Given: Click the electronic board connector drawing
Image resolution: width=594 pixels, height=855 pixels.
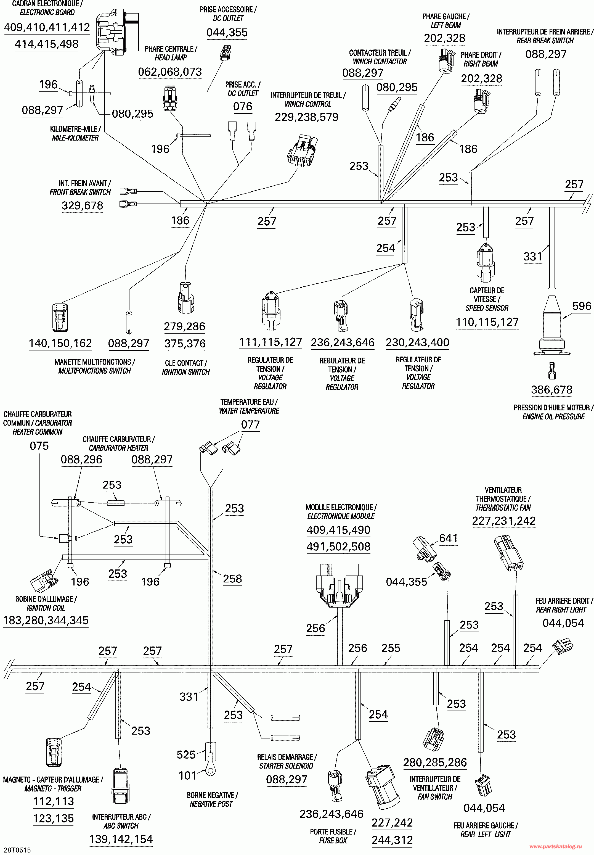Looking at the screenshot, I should pyautogui.click(x=118, y=33).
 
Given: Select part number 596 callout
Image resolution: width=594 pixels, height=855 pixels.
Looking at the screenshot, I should pyautogui.click(x=581, y=306).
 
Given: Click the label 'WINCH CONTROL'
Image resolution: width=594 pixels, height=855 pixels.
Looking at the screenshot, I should pyautogui.click(x=308, y=104).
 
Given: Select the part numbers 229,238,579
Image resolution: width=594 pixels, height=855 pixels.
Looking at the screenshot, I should pyautogui.click(x=307, y=117).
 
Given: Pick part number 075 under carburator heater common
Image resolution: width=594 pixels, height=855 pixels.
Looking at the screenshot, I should pyautogui.click(x=39, y=446).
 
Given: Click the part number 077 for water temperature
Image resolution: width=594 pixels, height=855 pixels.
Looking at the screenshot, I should pyautogui.click(x=250, y=424).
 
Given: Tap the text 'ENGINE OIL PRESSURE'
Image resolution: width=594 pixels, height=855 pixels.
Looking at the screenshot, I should pyautogui.click(x=553, y=416).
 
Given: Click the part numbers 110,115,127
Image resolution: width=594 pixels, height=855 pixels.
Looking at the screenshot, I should pyautogui.click(x=487, y=322).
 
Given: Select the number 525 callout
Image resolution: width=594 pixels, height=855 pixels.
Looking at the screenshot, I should pyautogui.click(x=186, y=755).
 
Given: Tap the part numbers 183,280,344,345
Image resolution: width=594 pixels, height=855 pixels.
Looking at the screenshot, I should pyautogui.click(x=46, y=620).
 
